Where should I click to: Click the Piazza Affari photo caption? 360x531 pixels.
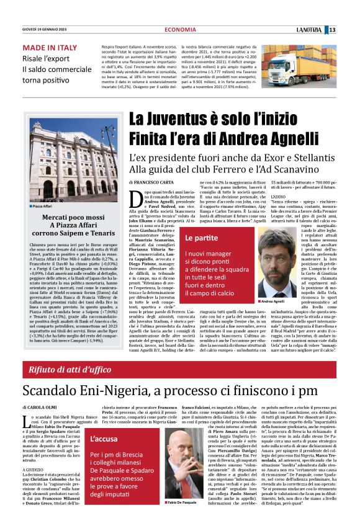pos(43,206)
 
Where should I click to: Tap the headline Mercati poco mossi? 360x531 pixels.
pos(65,217)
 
